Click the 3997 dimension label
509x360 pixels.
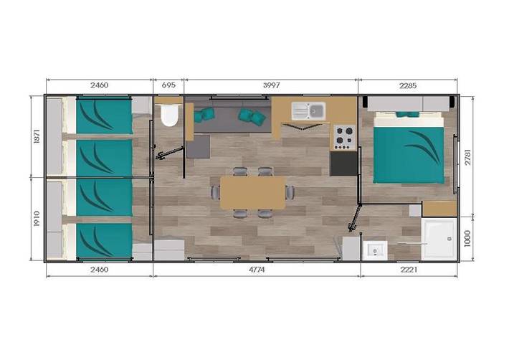coord(271,85)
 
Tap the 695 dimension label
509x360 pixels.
coord(168,85)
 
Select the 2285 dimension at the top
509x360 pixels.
coord(407,85)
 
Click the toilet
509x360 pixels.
coord(170,115)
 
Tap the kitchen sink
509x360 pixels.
coord(308,110)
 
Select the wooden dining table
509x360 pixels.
coord(252,192)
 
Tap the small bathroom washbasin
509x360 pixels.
coord(374,250)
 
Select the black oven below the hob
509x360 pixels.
coord(343,163)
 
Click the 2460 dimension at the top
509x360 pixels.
coord(100,85)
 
